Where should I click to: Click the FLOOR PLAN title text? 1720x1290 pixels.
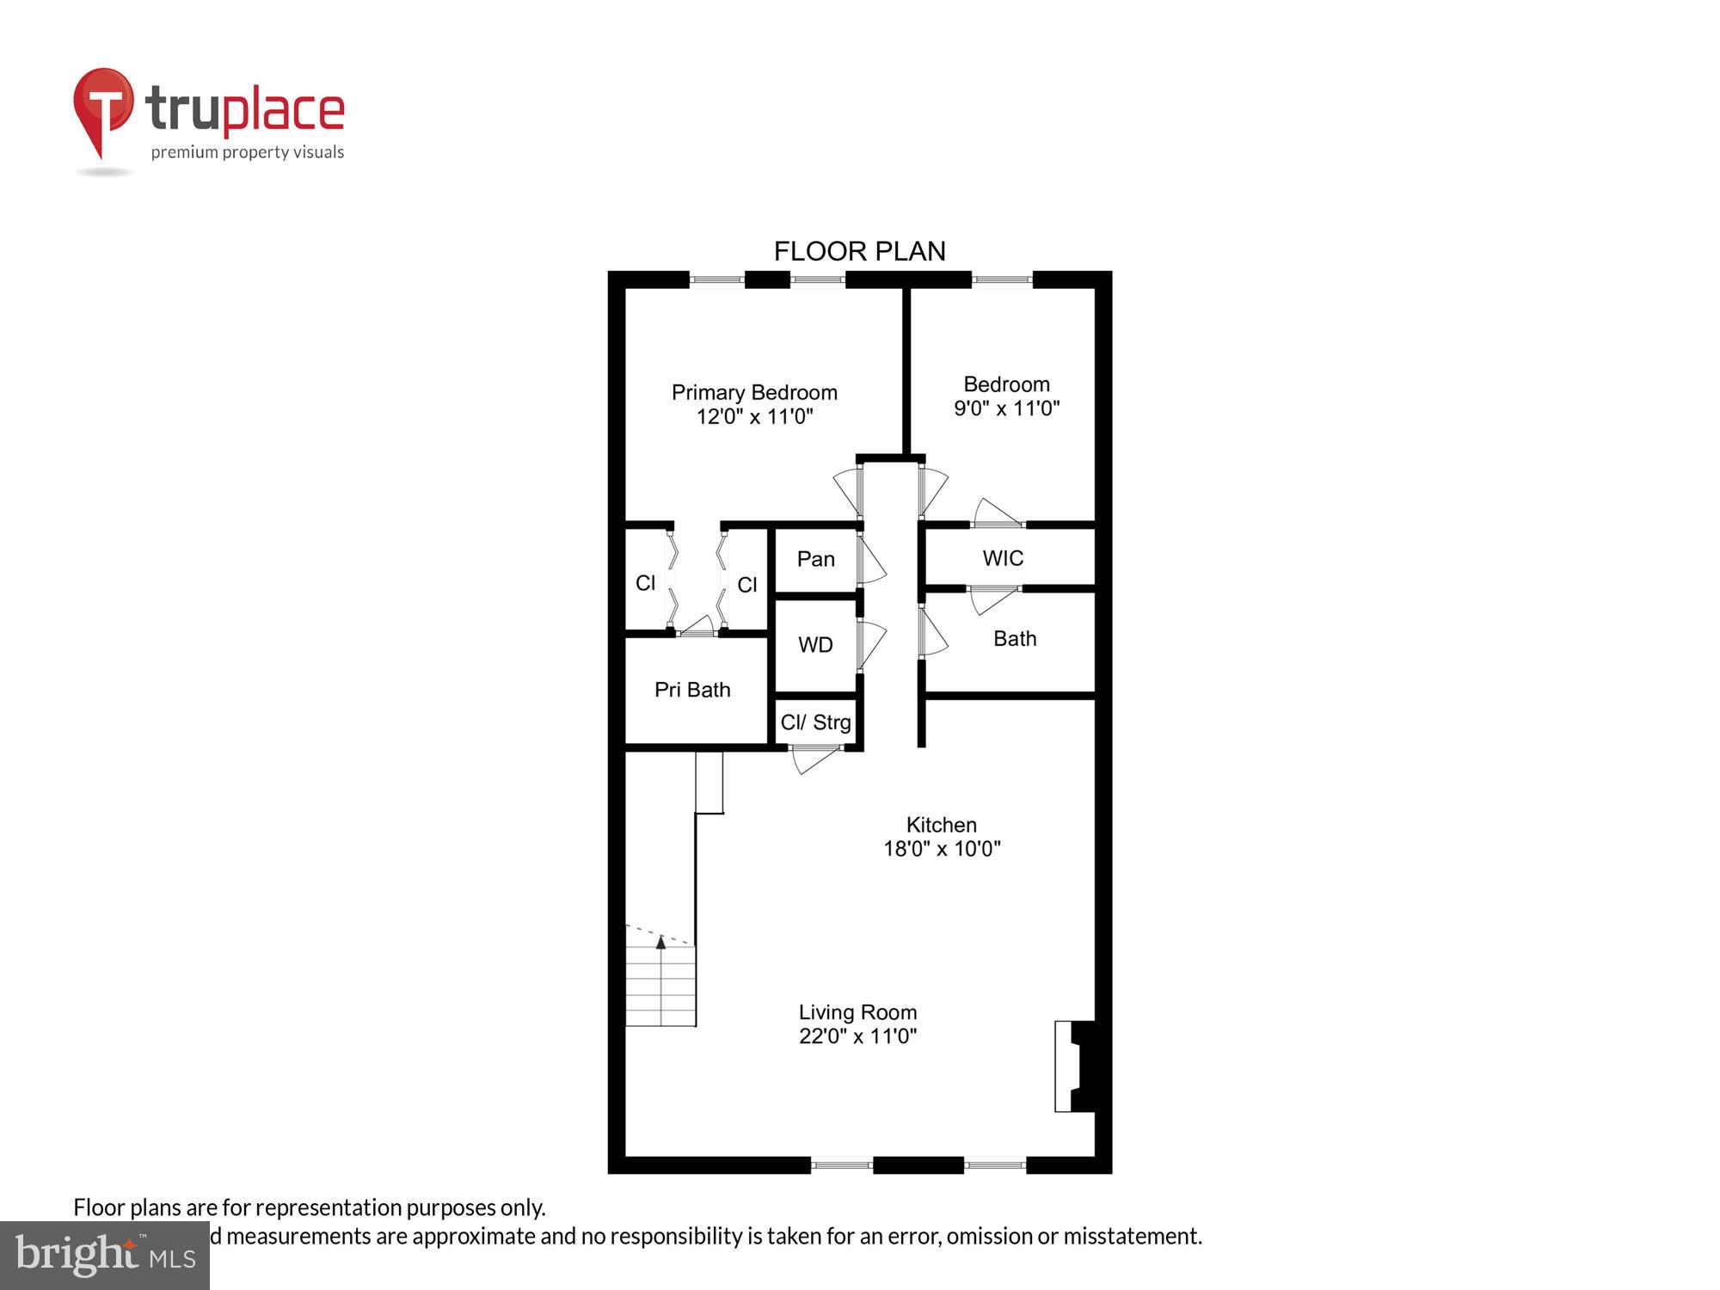point(859,251)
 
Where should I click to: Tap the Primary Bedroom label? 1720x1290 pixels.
point(754,392)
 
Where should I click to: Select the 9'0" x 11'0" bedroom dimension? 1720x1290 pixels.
point(1006,408)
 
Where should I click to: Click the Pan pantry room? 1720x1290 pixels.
point(815,559)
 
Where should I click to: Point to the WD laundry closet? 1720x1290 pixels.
point(815,645)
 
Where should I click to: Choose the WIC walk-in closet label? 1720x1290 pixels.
point(1003,558)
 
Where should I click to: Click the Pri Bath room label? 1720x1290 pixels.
point(692,690)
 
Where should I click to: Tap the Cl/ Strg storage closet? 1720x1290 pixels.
point(815,722)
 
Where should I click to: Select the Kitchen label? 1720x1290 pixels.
point(941,825)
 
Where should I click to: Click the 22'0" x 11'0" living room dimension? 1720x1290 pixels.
point(857,1036)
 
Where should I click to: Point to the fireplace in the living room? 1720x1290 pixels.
point(1075,1066)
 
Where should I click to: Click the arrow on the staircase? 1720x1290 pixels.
point(660,943)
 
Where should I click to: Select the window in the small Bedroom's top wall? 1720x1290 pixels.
point(1002,279)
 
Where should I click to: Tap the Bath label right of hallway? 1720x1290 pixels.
point(1015,639)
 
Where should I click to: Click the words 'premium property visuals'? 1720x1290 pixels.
point(248,153)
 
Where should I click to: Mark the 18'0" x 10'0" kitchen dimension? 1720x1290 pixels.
point(942,849)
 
